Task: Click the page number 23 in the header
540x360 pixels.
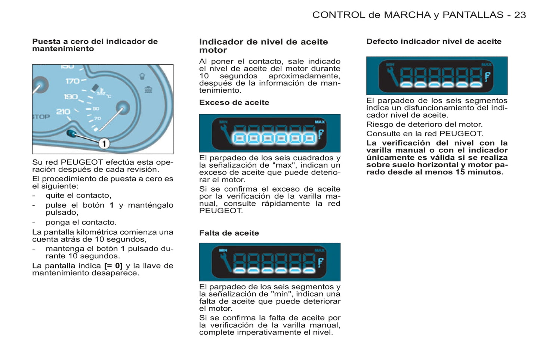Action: point(520,15)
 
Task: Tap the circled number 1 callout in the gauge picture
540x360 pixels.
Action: point(104,143)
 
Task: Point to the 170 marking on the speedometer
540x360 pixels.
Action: point(72,81)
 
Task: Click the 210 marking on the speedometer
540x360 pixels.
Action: point(63,112)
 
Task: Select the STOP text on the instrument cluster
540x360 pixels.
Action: point(41,117)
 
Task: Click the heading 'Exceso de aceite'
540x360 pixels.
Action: point(234,103)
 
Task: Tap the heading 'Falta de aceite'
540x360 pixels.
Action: point(229,233)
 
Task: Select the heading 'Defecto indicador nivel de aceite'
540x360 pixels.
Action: point(433,41)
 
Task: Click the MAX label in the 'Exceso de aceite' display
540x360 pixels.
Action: point(320,122)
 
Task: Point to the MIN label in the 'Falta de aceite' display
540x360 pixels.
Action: point(223,250)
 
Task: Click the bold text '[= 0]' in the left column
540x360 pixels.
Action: point(113,266)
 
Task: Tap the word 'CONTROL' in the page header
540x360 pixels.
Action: point(339,15)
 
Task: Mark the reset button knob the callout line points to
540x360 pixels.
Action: point(71,133)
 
